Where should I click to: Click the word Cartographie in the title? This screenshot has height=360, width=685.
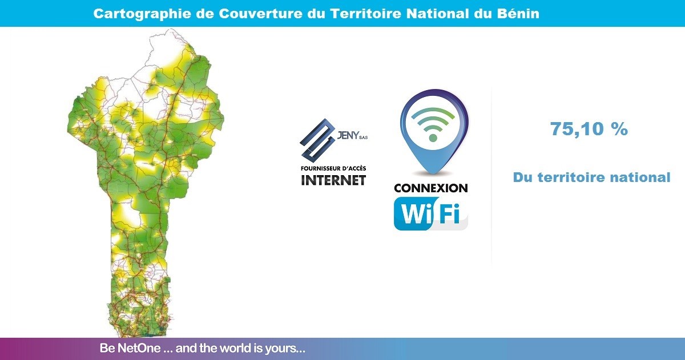point(142,14)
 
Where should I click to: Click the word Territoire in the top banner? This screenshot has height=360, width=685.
point(366,14)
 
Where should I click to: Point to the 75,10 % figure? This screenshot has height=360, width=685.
point(589,129)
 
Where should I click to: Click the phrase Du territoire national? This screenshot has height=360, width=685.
point(592,177)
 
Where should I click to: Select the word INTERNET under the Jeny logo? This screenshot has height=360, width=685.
point(333,180)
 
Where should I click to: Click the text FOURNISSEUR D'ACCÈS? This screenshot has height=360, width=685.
point(333,168)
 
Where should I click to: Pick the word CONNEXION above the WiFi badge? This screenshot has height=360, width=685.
point(431,188)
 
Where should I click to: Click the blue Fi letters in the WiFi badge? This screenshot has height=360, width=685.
point(449,213)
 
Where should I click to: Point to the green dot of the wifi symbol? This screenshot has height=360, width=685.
point(433,138)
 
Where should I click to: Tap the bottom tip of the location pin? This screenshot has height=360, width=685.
point(433,174)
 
